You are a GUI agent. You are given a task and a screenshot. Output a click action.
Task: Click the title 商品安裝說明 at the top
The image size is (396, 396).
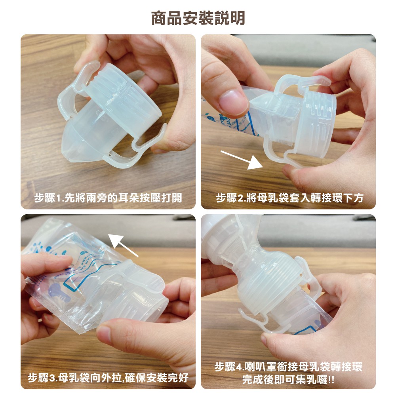198,18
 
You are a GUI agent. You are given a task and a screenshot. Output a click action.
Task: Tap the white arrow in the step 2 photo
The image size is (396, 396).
242,160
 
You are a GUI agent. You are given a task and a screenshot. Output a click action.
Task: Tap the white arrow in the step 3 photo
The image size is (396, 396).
124,245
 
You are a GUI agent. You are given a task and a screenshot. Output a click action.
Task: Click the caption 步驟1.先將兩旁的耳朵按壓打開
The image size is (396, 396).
108,198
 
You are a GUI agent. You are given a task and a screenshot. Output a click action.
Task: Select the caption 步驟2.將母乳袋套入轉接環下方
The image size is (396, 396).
290,198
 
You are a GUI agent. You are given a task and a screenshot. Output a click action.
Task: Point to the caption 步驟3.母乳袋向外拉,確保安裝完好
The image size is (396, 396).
108,377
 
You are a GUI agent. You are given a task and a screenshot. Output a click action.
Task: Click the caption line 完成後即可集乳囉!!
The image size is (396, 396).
288,379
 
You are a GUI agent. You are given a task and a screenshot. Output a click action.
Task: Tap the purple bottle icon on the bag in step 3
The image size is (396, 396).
59,292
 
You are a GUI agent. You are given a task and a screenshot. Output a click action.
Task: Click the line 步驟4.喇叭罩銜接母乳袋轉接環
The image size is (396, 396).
288,366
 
